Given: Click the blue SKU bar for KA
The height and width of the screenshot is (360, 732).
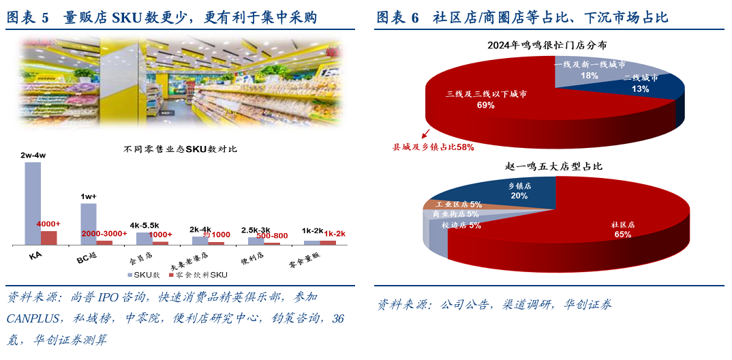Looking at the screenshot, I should point(33,203).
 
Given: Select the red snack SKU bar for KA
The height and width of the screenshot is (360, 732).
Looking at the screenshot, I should point(49,237).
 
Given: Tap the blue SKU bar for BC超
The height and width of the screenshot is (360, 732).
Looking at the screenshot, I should point(89,224).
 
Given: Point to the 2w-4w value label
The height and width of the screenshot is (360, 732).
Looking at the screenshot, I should point(33,156).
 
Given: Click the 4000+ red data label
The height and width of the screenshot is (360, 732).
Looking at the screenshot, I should point(48,224).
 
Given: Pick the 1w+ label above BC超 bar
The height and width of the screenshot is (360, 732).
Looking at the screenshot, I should point(89,197).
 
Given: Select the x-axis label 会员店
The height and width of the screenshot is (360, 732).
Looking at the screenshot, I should point(140,259).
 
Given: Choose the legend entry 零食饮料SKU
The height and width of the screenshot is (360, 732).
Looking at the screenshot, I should point(202,275).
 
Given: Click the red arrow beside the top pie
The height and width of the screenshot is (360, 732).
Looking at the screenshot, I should point(427,134).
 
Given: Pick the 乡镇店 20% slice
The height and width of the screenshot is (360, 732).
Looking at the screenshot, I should point(519,191).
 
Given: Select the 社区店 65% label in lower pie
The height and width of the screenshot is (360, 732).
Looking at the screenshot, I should point(622,229).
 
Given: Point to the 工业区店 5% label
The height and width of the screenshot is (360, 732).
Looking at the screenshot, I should point(459,204).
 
